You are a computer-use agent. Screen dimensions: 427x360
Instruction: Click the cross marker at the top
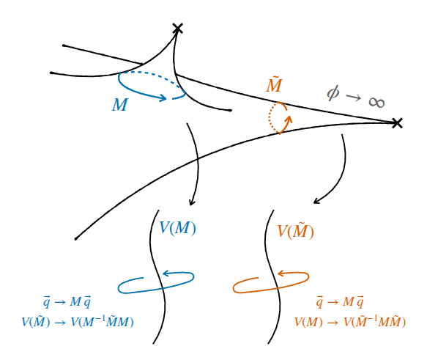pos(178,29)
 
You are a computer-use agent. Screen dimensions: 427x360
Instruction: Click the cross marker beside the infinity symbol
pos(397,123)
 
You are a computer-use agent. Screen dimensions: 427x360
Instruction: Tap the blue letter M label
pos(120,104)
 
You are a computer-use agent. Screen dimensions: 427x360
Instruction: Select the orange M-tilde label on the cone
pos(274,84)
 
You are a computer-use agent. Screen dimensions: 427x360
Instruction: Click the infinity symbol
pos(376,102)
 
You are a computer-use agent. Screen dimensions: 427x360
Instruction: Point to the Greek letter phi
pos(333,92)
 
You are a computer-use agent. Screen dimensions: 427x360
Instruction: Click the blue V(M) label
pos(177,228)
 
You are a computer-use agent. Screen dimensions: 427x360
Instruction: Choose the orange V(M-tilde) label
pos(295,231)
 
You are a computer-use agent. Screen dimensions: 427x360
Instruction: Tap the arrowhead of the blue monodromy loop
pos(163,98)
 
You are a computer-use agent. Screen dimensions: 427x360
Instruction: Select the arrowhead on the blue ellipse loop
pos(166,273)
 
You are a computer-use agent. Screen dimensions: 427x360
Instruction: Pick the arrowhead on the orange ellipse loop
pos(281,273)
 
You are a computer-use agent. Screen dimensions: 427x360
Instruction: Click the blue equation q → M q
pos(67,302)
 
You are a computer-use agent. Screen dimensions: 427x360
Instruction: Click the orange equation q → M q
pos(340,302)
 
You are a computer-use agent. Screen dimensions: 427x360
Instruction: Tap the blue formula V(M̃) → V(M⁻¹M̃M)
pos(78,322)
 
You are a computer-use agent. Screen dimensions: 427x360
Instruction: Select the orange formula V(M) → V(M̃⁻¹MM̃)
pos(350,322)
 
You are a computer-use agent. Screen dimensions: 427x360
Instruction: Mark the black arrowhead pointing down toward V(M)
pos(192,202)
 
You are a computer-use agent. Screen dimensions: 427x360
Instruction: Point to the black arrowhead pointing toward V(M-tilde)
pos(316,202)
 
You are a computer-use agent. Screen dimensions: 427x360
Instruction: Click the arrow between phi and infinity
pos(354,98)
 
